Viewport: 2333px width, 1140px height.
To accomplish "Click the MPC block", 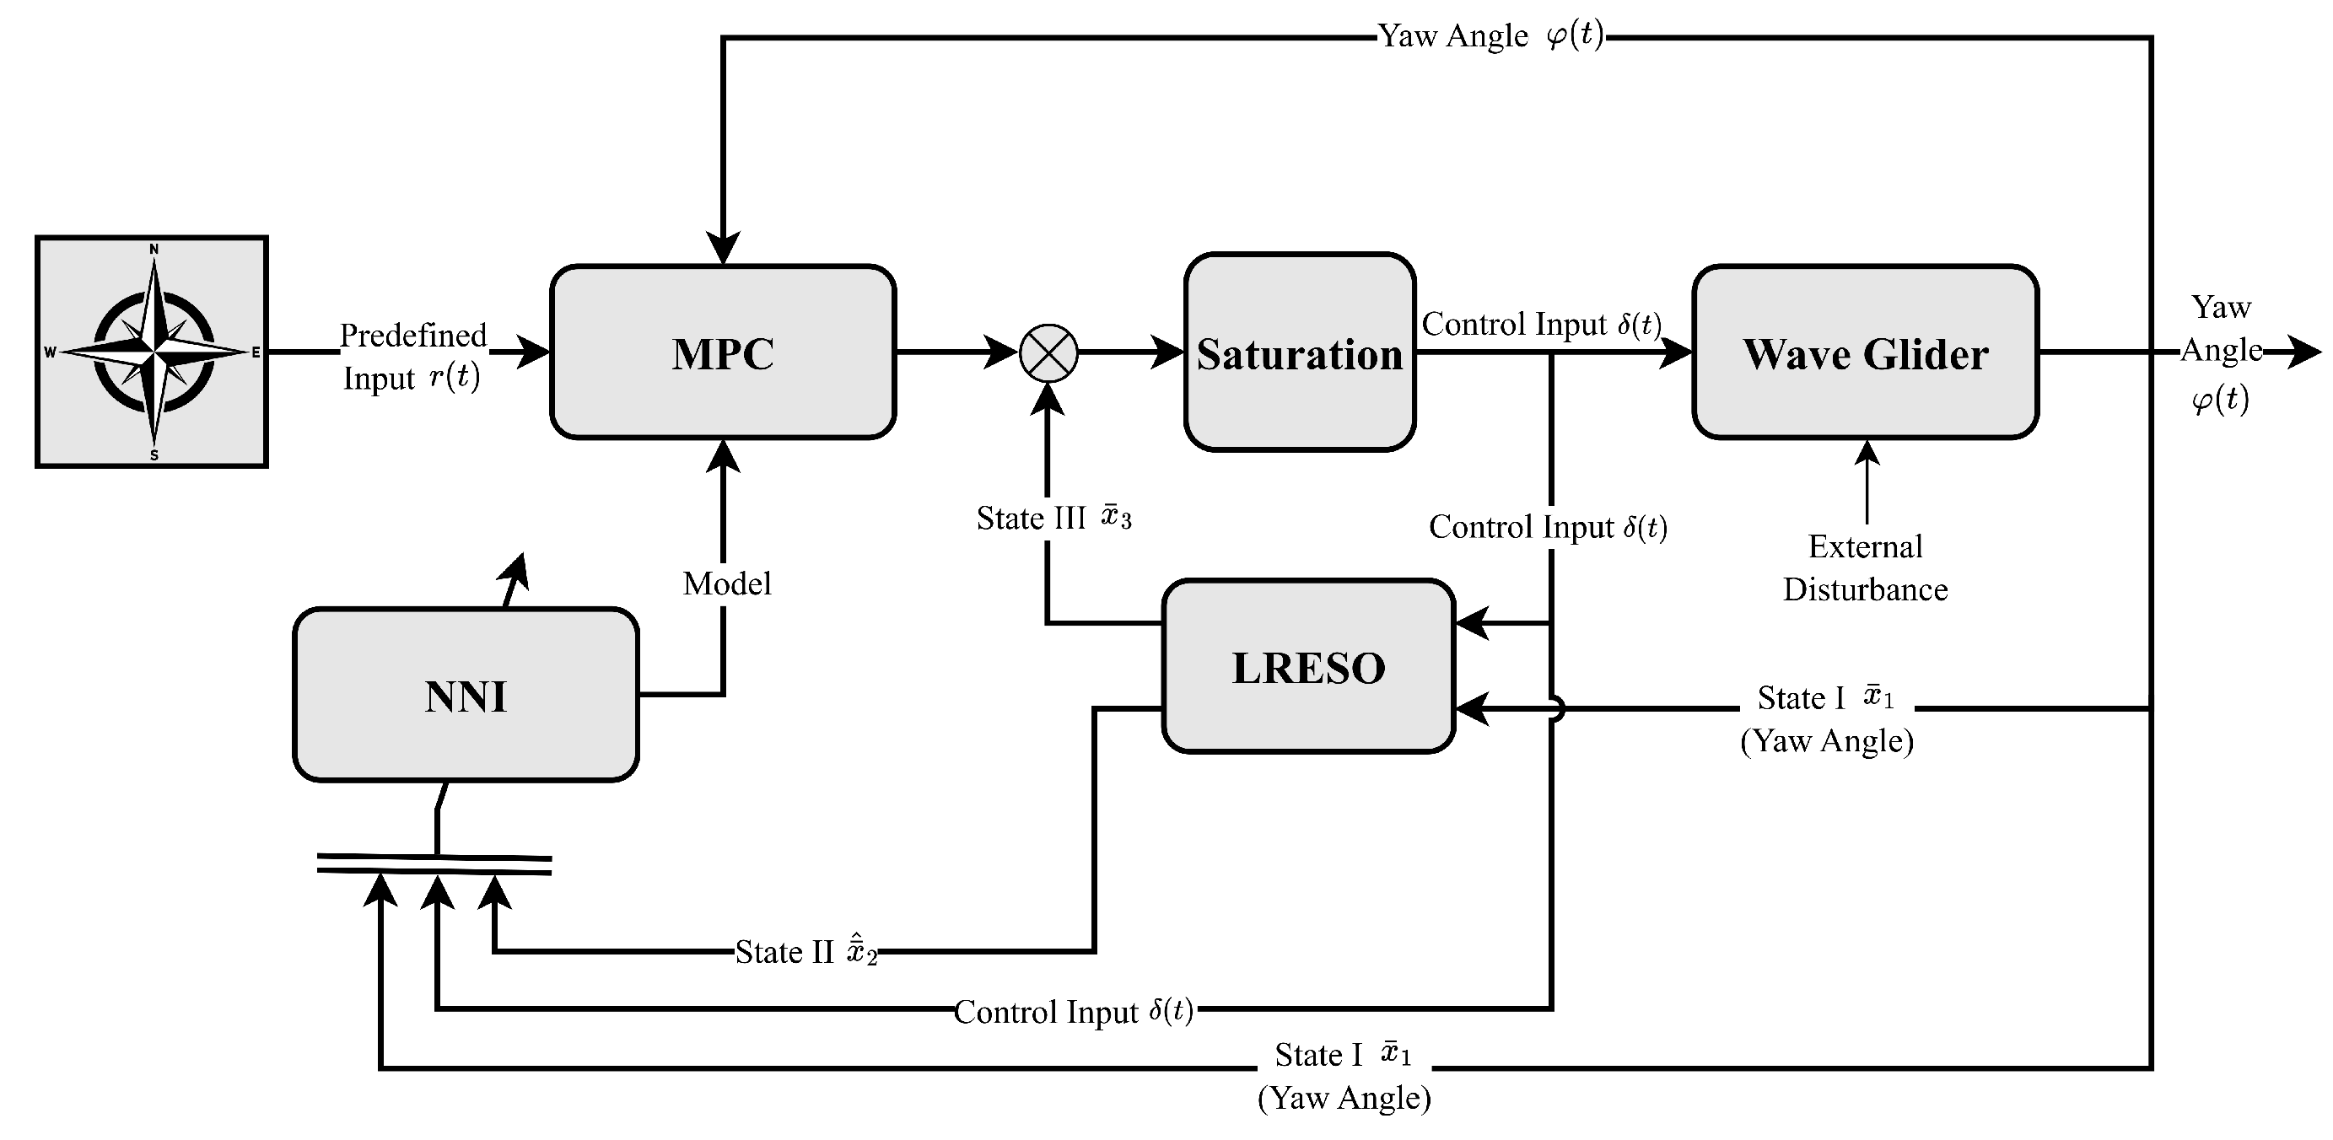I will [723, 352].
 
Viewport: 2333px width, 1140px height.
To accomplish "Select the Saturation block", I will [1300, 352].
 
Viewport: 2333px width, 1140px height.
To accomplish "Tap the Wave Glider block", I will [1865, 352].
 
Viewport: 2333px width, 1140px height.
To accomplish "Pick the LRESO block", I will [1308, 666].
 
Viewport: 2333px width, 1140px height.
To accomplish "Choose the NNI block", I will [466, 695].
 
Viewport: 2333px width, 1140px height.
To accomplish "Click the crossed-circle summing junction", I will [1048, 353].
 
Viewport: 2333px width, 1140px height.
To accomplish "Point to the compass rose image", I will [152, 352].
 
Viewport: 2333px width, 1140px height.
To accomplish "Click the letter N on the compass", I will [154, 249].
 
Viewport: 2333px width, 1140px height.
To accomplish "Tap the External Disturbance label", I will [1865, 567].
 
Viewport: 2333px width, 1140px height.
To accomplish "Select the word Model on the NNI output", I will [726, 584].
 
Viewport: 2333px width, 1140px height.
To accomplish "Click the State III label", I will [1053, 518].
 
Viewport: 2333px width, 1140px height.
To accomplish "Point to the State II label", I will [806, 952].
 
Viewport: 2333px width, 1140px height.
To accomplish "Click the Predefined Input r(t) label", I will [412, 356].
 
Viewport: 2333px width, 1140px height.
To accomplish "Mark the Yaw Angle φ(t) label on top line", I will [1490, 36].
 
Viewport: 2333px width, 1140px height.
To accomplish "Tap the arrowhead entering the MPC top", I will [723, 248].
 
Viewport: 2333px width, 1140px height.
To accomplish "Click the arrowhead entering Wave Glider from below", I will [1867, 453].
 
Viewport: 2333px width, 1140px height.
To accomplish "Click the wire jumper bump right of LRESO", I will [1555, 708].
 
